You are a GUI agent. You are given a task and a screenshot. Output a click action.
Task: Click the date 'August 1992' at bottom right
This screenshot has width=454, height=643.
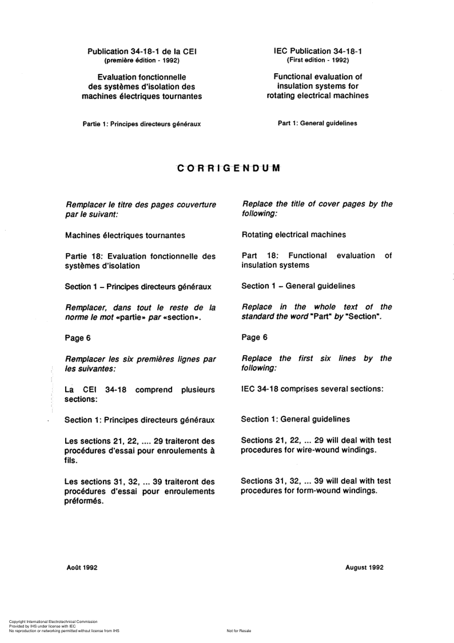364,567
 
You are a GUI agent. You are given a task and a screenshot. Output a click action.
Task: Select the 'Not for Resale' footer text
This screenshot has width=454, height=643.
238,630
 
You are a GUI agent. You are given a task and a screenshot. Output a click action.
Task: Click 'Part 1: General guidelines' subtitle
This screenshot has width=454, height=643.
317,123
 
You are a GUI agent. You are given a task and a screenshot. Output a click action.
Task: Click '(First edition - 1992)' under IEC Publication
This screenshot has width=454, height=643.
317,60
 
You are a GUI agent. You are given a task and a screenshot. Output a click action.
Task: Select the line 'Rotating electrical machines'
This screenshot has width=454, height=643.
293,234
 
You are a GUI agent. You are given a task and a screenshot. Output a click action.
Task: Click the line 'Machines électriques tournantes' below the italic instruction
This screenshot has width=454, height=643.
125,235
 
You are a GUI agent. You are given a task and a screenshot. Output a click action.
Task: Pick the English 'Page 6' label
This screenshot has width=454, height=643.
254,337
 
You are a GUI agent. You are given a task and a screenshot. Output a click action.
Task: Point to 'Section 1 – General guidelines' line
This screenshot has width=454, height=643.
298,286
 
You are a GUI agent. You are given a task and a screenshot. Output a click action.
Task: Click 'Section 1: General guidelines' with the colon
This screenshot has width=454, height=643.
296,419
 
